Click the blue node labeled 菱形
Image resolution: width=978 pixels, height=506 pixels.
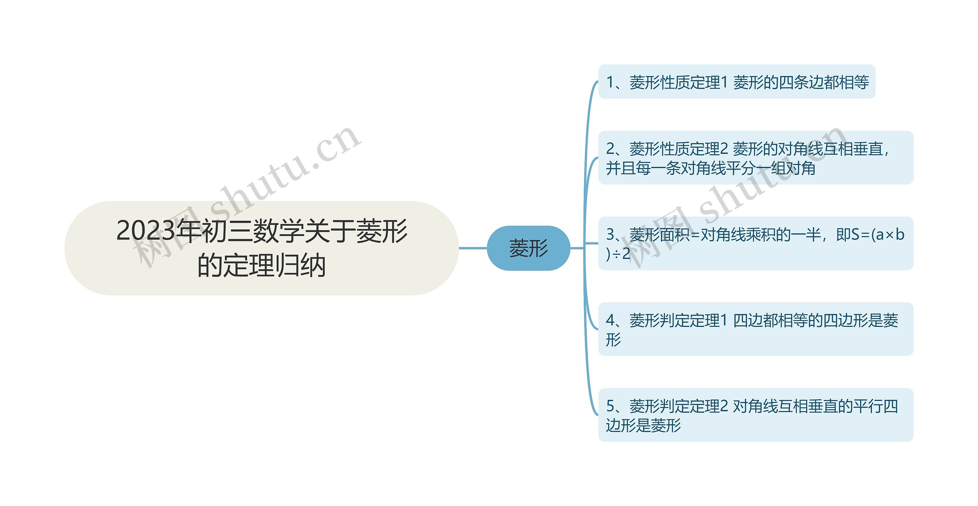pos(528,248)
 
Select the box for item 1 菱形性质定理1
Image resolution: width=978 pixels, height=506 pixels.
pos(736,82)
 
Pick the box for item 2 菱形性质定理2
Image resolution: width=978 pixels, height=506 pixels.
pos(755,158)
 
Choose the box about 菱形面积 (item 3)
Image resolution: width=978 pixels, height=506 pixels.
pos(755,243)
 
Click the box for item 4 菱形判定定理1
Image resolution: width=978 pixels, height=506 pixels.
pos(755,329)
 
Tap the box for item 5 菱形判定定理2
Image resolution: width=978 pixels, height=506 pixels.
pos(755,415)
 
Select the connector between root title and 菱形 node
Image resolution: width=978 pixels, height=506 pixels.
pos(473,248)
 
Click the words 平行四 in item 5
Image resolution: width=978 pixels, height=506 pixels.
pos(875,406)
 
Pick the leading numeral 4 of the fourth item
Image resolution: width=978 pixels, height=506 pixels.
pos(610,320)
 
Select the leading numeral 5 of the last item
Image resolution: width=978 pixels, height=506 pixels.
pos(610,406)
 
